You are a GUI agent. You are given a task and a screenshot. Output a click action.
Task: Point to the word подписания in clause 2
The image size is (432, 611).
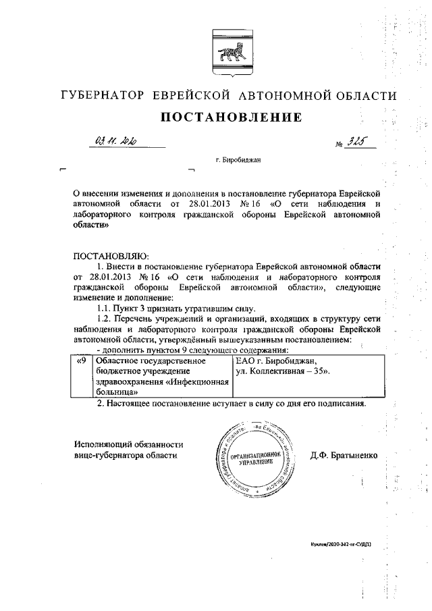(x=340, y=404)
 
